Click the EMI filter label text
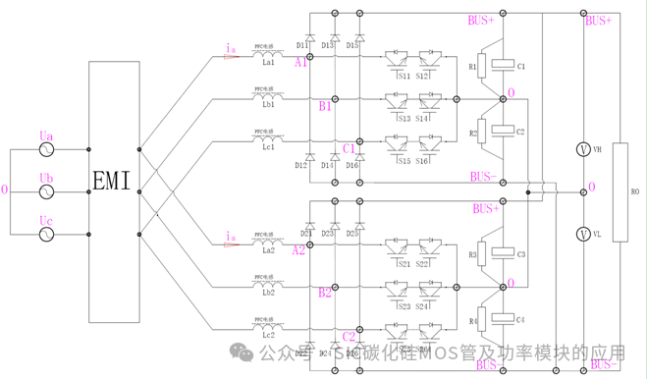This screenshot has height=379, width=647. (113, 181)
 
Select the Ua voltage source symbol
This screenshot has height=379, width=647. (45, 150)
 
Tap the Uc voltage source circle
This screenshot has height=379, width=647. (45, 235)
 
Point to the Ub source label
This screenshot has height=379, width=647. (46, 178)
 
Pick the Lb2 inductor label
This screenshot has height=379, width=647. (268, 294)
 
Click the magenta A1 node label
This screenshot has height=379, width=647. (300, 62)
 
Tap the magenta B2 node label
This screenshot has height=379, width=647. (325, 293)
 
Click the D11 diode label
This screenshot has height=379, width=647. (302, 45)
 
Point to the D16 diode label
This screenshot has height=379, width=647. (352, 165)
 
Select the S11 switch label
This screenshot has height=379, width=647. (401, 75)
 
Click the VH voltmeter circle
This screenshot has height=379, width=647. (582, 149)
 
